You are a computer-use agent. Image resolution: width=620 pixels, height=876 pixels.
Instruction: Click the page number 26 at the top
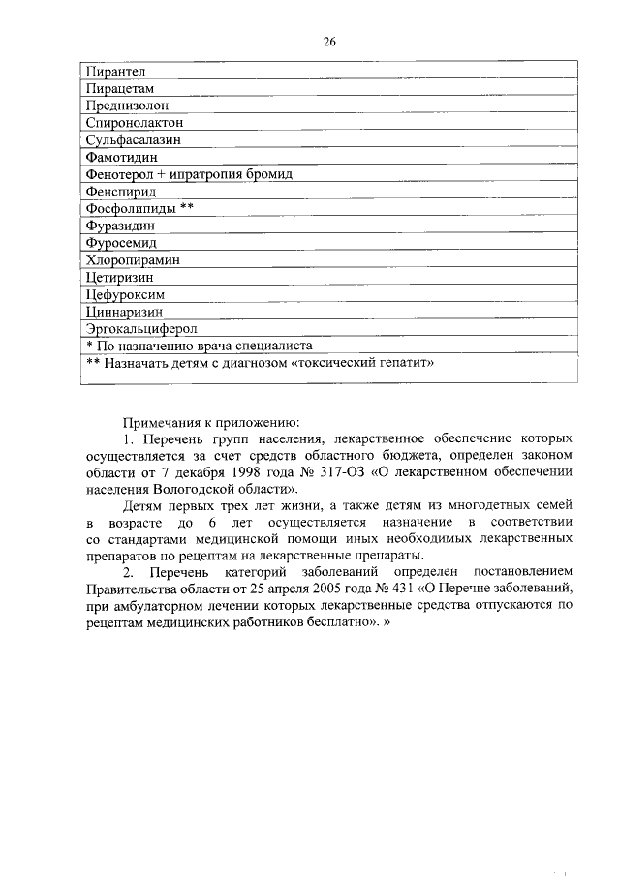click(329, 41)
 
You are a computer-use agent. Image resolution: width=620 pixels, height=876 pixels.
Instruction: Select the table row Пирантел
click(115, 72)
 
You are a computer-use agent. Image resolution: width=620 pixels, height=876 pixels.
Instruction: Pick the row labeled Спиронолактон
click(135, 124)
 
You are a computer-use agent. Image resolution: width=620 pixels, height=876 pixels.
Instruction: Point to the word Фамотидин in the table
click(122, 158)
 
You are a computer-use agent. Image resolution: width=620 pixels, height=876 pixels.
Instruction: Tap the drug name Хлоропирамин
click(134, 260)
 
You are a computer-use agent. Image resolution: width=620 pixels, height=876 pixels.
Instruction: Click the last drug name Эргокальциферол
click(141, 329)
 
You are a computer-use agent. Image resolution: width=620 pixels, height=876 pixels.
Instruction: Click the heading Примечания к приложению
click(210, 422)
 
